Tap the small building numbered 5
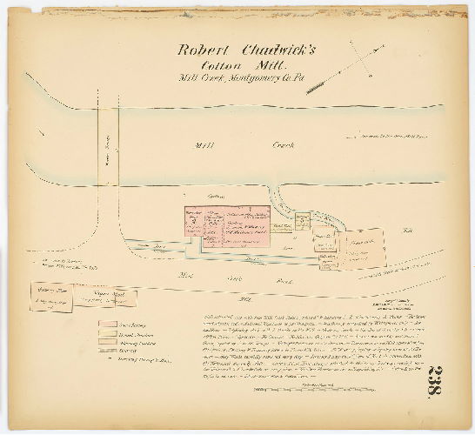click(302, 221)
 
